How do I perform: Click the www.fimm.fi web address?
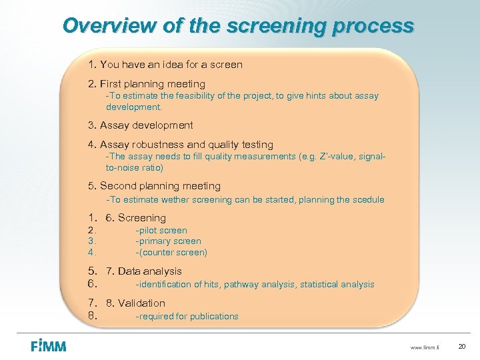point(427,347)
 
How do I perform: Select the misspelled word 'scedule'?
point(368,200)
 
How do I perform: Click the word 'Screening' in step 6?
point(142,218)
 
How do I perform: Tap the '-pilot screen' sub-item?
point(161,231)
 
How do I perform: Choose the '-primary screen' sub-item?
point(168,241)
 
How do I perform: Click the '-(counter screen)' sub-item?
point(171,253)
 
